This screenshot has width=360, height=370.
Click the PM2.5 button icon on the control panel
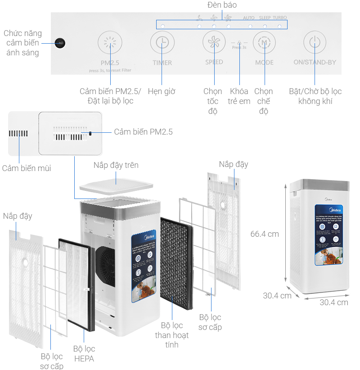[110, 43]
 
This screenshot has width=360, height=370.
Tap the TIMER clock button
[162, 43]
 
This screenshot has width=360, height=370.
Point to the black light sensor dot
[61, 43]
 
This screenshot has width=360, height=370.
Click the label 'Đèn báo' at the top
[222, 5]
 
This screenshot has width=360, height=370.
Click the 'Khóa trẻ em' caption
[239, 96]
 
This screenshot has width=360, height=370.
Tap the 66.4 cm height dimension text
[265, 234]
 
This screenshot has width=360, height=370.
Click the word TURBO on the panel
[279, 18]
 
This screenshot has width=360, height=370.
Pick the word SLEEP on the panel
[265, 18]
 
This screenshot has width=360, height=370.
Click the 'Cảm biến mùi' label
[27, 168]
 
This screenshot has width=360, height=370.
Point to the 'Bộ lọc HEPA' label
[84, 354]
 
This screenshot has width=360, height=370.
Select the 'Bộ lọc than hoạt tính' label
[172, 335]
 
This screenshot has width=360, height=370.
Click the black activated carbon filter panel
[176, 261]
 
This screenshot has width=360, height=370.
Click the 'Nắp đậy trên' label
[116, 165]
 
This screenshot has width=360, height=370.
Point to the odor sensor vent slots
[18, 134]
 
